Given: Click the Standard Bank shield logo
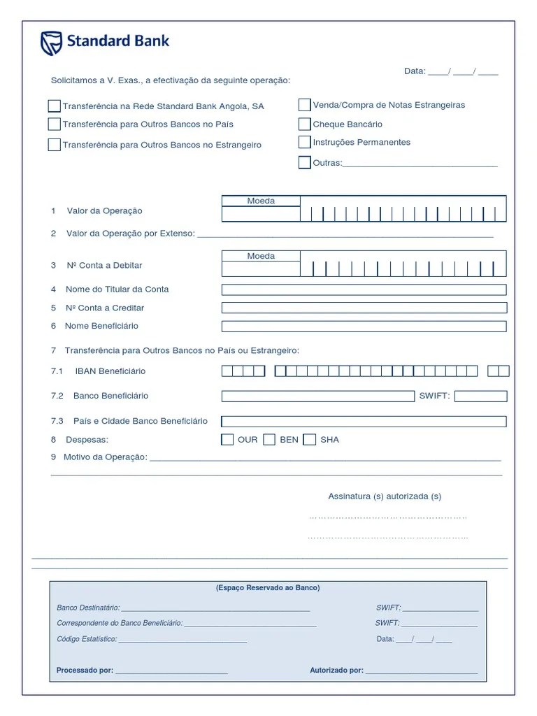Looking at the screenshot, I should (51, 43).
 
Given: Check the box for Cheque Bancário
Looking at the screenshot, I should (304, 124).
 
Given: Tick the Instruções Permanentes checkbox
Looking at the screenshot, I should (304, 143).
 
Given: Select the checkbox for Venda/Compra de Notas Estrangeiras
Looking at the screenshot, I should (304, 106).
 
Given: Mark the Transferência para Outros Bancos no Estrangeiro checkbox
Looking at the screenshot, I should (54, 145).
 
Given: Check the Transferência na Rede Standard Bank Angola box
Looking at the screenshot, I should (54, 106).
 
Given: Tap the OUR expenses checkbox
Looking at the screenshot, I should (227, 440).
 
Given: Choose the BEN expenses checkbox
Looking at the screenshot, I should (269, 440).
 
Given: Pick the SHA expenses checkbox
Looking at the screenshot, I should (310, 440).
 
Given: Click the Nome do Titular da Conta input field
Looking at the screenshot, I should (364, 289).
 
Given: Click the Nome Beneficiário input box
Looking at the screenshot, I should (364, 326).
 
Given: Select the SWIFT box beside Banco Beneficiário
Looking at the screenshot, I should (480, 396).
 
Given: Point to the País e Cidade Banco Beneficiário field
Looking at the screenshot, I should (364, 422).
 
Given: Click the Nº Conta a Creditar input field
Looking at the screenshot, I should (364, 308).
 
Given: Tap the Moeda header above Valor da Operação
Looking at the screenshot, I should (261, 201).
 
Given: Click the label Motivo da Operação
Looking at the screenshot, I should (106, 457).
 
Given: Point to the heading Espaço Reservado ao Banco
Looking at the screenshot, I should (268, 588).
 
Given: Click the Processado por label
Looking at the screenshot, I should (85, 671).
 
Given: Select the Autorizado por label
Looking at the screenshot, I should (336, 671).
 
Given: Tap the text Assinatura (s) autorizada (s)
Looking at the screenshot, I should (385, 496).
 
